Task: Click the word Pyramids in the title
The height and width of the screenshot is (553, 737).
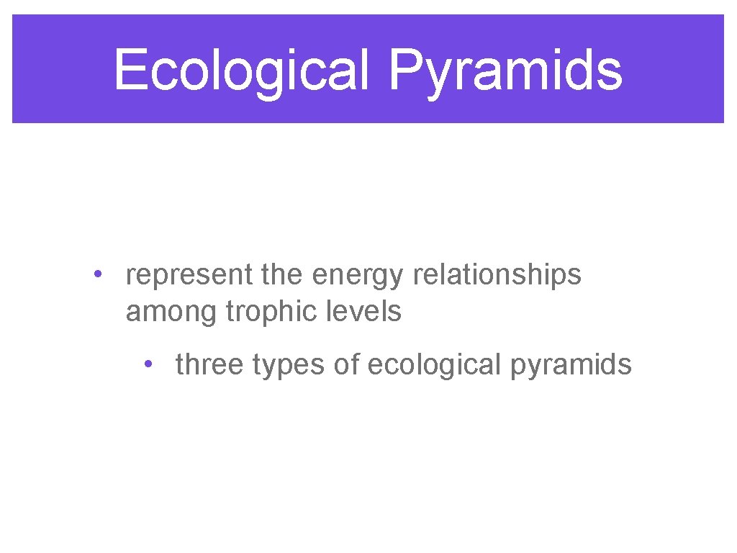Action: (506, 71)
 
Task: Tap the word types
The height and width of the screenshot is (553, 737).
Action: (290, 366)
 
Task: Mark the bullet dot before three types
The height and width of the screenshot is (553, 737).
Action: (148, 364)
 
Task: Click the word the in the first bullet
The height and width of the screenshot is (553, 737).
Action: (286, 274)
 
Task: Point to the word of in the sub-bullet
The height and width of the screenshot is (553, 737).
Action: (346, 364)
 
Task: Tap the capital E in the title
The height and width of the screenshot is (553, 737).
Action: (130, 71)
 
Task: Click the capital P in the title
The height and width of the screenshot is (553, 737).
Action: (405, 71)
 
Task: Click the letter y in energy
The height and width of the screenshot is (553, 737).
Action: (399, 279)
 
